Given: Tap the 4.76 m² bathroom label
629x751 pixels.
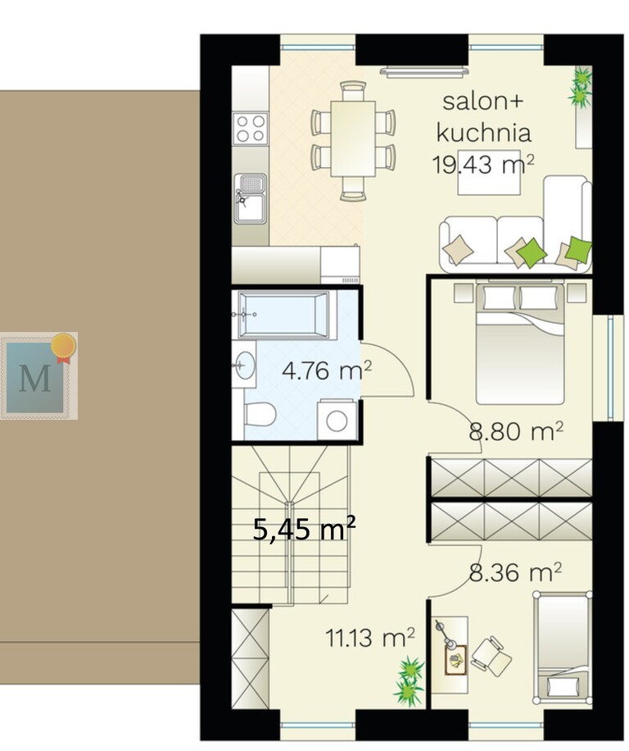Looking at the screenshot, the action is (327, 371).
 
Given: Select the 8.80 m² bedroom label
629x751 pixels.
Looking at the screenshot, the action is (516, 431).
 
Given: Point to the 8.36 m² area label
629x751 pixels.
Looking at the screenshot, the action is (514, 572).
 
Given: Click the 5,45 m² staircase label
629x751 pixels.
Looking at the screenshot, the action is (304, 529).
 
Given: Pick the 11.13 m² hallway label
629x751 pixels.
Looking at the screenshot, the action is (369, 638).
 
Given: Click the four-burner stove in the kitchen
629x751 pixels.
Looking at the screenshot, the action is (251, 129).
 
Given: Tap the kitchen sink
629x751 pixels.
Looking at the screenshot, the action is (250, 198).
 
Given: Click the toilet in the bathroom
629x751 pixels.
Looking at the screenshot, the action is (260, 414).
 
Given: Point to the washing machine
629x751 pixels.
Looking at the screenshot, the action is (337, 420).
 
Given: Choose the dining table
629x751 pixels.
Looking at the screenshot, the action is (353, 139).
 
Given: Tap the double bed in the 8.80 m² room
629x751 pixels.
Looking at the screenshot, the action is (519, 344).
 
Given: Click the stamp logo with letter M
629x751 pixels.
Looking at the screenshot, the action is (38, 376).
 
